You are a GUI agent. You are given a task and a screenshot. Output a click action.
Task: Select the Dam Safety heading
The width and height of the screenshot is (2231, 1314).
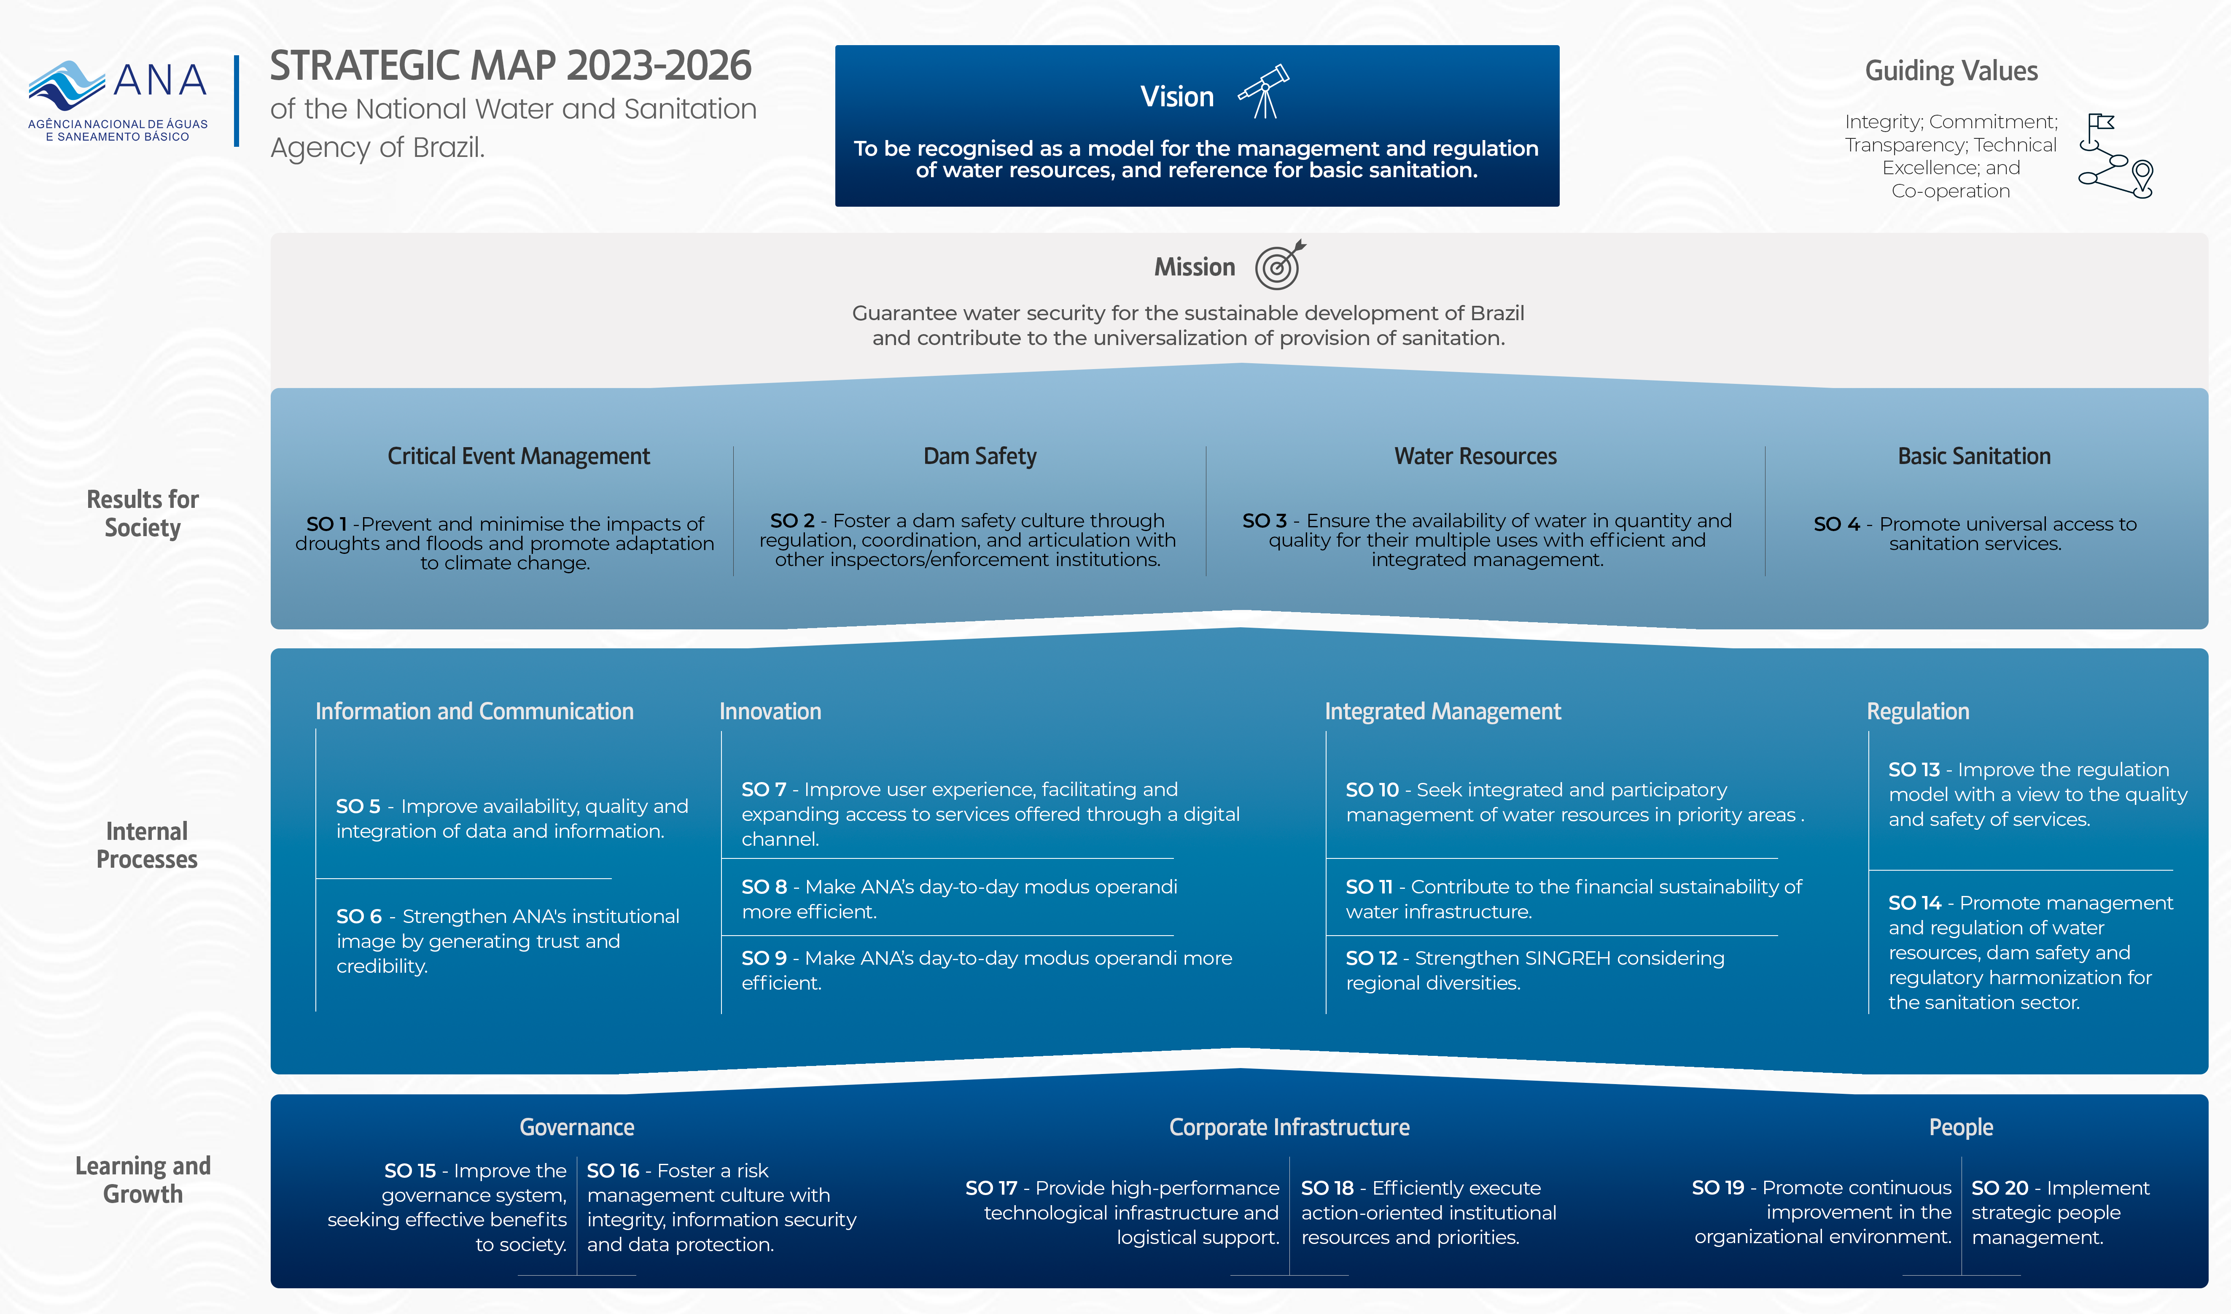pyautogui.click(x=979, y=456)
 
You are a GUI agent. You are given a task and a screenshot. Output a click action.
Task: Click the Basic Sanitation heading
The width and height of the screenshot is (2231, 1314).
pyautogui.click(x=1973, y=456)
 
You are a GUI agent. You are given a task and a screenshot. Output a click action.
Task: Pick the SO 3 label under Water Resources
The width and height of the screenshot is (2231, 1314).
pyautogui.click(x=1263, y=521)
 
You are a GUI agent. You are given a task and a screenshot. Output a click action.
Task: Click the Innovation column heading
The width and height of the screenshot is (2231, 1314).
pyautogui.click(x=770, y=711)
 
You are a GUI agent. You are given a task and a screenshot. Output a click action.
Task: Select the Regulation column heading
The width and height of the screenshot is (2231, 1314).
pyautogui.click(x=1918, y=711)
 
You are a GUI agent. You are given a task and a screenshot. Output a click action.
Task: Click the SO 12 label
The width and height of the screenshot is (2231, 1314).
pyautogui.click(x=1370, y=958)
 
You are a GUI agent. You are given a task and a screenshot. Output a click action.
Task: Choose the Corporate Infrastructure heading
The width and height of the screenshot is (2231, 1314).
pyautogui.click(x=1289, y=1127)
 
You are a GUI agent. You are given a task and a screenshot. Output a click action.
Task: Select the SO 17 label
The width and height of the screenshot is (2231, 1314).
pyautogui.click(x=990, y=1188)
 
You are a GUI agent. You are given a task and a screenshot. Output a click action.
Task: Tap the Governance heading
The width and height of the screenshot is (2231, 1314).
pyautogui.click(x=576, y=1127)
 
